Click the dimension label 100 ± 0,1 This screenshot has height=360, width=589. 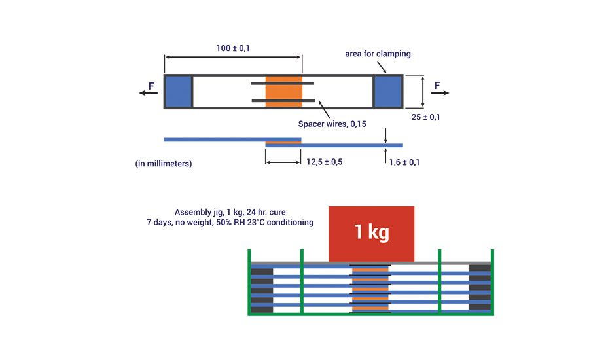pos(232,49)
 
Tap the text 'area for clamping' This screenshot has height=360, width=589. pos(378,54)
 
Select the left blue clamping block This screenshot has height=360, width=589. pos(177,92)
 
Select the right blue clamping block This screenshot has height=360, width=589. pos(387,92)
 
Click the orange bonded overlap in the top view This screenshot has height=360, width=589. pos(283,92)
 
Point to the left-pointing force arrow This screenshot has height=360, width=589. pos(149,93)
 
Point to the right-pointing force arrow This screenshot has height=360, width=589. pos(440,93)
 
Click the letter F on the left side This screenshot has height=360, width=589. pos(151,85)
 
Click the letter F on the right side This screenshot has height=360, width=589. pos(437,85)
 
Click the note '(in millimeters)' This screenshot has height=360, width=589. pos(164,164)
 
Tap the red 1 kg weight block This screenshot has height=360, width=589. pos(371,232)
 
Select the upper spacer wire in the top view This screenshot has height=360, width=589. pos(282,83)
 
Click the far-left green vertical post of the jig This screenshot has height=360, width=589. pos(249,281)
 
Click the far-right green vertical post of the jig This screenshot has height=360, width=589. pos(492,281)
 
